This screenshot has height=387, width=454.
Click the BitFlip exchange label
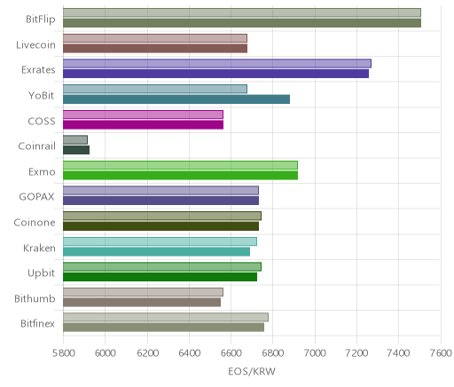pyautogui.click(x=41, y=20)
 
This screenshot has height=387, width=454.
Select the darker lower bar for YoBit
pyautogui.click(x=176, y=99)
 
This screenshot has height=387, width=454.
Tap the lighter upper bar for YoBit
pyautogui.click(x=155, y=89)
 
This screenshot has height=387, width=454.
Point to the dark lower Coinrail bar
pyautogui.click(x=76, y=150)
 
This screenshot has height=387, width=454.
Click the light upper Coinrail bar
pyautogui.click(x=75, y=140)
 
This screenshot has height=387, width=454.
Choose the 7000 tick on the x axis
pyautogui.click(x=315, y=353)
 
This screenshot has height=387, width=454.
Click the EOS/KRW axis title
pyautogui.click(x=252, y=371)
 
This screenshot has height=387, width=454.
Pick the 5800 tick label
pyautogui.click(x=63, y=353)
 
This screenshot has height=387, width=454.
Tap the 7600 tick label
pyautogui.click(x=441, y=353)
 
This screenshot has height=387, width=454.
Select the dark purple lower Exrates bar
pyautogui.click(x=215, y=74)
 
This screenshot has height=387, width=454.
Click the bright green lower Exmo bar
pyautogui.click(x=180, y=176)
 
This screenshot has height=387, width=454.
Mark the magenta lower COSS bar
pyautogui.click(x=143, y=125)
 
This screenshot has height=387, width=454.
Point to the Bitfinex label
pyautogui.click(x=37, y=324)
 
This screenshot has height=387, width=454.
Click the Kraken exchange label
pyautogui.click(x=39, y=248)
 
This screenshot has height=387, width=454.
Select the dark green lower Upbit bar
pyautogui.click(x=160, y=277)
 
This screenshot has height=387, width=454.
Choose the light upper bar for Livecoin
pyautogui.click(x=155, y=38)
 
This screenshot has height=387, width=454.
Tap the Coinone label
pyautogui.click(x=35, y=223)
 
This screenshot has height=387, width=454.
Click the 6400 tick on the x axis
pyautogui.click(x=189, y=353)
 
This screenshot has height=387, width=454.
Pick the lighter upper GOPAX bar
pyautogui.click(x=160, y=191)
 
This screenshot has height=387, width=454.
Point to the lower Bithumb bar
pyautogui.click(x=142, y=303)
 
